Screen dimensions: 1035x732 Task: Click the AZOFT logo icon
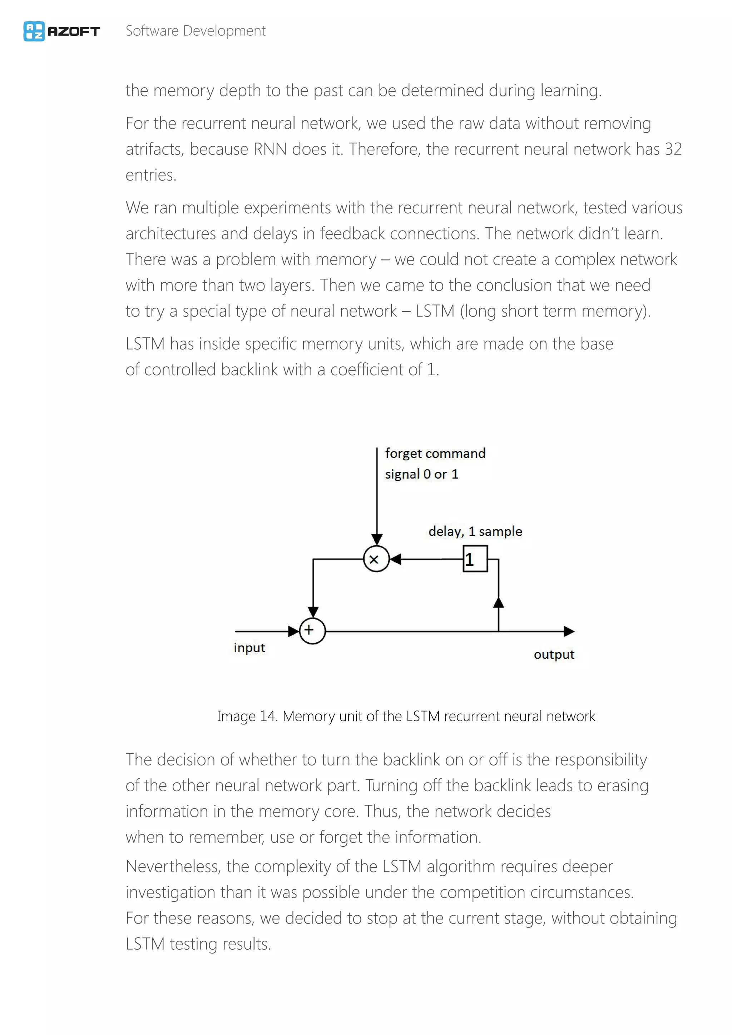(34, 31)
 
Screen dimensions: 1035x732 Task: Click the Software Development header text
(195, 31)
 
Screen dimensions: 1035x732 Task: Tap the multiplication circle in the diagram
(376, 559)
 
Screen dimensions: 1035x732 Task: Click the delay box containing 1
(475, 559)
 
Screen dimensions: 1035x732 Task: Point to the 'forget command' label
(435, 453)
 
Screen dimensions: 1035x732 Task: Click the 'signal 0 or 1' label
(421, 474)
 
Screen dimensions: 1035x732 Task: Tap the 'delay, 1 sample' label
(475, 531)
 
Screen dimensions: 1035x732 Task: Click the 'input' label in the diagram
(249, 648)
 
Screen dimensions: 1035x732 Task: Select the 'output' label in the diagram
(554, 654)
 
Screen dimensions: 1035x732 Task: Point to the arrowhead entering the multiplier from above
(377, 540)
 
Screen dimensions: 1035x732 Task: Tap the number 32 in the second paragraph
(673, 149)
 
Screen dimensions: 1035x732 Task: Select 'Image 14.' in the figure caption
(247, 716)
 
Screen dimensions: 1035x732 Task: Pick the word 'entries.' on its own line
(151, 175)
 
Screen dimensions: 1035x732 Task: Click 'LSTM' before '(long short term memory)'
(435, 311)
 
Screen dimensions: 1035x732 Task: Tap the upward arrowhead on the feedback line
(499, 602)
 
